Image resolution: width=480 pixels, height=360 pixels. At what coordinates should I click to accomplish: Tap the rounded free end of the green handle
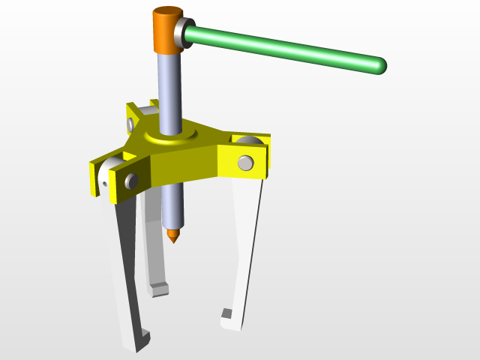click(379, 66)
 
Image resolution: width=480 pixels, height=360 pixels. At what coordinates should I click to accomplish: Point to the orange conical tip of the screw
click(173, 236)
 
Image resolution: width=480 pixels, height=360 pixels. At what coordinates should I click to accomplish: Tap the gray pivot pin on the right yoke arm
click(245, 162)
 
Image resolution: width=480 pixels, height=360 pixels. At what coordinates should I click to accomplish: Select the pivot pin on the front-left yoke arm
click(131, 181)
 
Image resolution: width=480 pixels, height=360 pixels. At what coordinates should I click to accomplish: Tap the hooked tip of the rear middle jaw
click(159, 289)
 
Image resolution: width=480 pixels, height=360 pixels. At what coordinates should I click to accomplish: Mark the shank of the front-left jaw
click(126, 262)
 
